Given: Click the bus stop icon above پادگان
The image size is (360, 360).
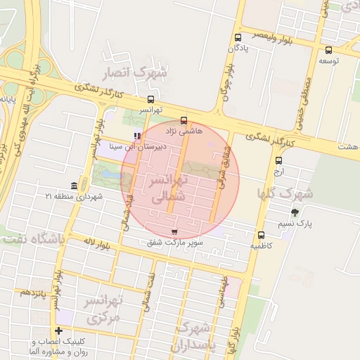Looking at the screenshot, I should pyautogui.click(x=238, y=38).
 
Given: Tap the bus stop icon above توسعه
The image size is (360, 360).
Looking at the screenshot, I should pyautogui.click(x=329, y=50).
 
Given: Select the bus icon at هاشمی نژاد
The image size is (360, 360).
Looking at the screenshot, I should pyautogui.click(x=184, y=120).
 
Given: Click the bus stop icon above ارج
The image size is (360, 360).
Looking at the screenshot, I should pyautogui.click(x=279, y=160).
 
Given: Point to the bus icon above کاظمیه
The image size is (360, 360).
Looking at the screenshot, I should pyautogui.click(x=261, y=236).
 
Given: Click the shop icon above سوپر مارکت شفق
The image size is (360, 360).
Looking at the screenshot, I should pyautogui.click(x=175, y=231).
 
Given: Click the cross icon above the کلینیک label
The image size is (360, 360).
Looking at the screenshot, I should pyautogui.click(x=58, y=331).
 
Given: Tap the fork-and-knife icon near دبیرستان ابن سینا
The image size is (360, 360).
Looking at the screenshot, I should pyautogui.click(x=137, y=135).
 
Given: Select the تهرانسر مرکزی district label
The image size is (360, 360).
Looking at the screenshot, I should pyautogui.click(x=103, y=309).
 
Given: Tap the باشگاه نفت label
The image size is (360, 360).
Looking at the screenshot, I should pyautogui.click(x=32, y=239).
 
